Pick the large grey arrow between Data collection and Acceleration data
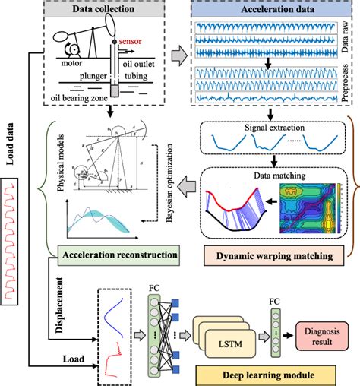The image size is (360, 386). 180,55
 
